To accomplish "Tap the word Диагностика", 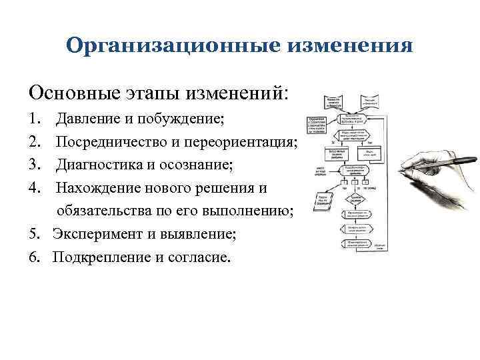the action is click(97, 165).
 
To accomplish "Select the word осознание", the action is click(194, 165).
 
